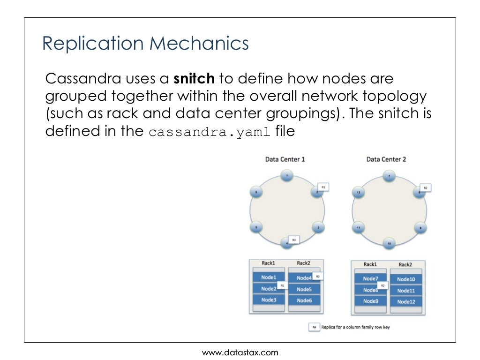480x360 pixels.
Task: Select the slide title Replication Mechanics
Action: click(x=145, y=44)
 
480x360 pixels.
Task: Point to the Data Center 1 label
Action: click(x=285, y=159)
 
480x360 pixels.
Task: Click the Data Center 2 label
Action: click(x=386, y=159)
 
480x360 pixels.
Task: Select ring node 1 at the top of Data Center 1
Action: click(x=287, y=176)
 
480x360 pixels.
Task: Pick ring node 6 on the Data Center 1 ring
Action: click(x=255, y=192)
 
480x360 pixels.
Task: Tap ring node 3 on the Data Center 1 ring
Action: click(x=318, y=228)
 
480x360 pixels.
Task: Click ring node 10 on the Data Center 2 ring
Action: click(x=389, y=243)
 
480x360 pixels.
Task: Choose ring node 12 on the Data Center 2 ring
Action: click(x=358, y=193)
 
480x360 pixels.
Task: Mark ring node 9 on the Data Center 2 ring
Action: click(x=420, y=228)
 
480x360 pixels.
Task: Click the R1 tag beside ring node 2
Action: click(x=323, y=187)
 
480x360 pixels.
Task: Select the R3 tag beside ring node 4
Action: click(x=293, y=240)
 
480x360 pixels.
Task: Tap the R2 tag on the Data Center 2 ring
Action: click(x=425, y=187)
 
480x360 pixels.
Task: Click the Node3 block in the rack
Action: click(x=269, y=300)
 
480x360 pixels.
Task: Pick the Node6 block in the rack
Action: click(x=304, y=300)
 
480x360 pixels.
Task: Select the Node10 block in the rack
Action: click(x=406, y=279)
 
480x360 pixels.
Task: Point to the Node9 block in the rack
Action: click(x=370, y=301)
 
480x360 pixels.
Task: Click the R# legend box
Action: click(x=314, y=327)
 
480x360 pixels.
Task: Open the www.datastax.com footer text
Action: click(x=240, y=352)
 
